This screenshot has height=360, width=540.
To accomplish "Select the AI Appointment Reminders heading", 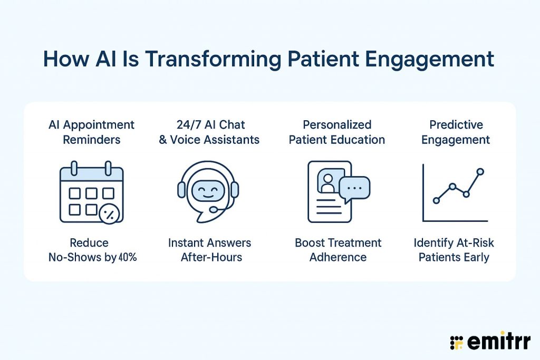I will (91, 132).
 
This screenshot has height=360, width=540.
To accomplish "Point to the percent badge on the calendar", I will (110, 213).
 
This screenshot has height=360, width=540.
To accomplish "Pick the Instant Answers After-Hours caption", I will (209, 250).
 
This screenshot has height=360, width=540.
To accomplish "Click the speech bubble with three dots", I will (354, 188).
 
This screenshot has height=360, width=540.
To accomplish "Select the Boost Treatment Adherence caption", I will (337, 250).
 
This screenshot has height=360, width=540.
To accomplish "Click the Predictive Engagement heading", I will (455, 132).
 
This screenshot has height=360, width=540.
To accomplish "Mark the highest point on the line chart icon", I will (480, 172).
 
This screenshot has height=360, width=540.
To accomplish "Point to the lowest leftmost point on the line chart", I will (436, 200).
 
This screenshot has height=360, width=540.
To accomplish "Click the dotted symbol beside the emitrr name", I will (456, 342).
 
